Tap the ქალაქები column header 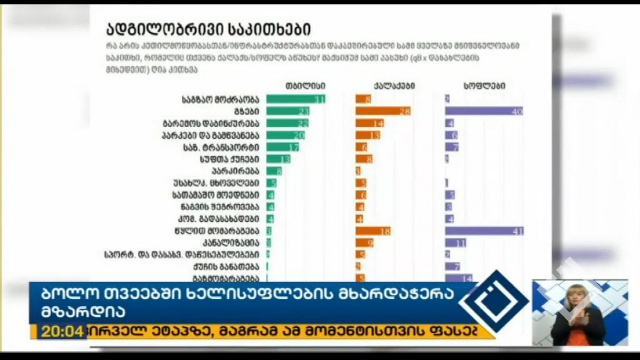point(395,85)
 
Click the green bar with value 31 point(295,99)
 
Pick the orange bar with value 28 point(382,111)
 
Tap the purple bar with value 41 point(484,231)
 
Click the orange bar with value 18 point(373,231)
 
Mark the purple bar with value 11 point(456,243)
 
